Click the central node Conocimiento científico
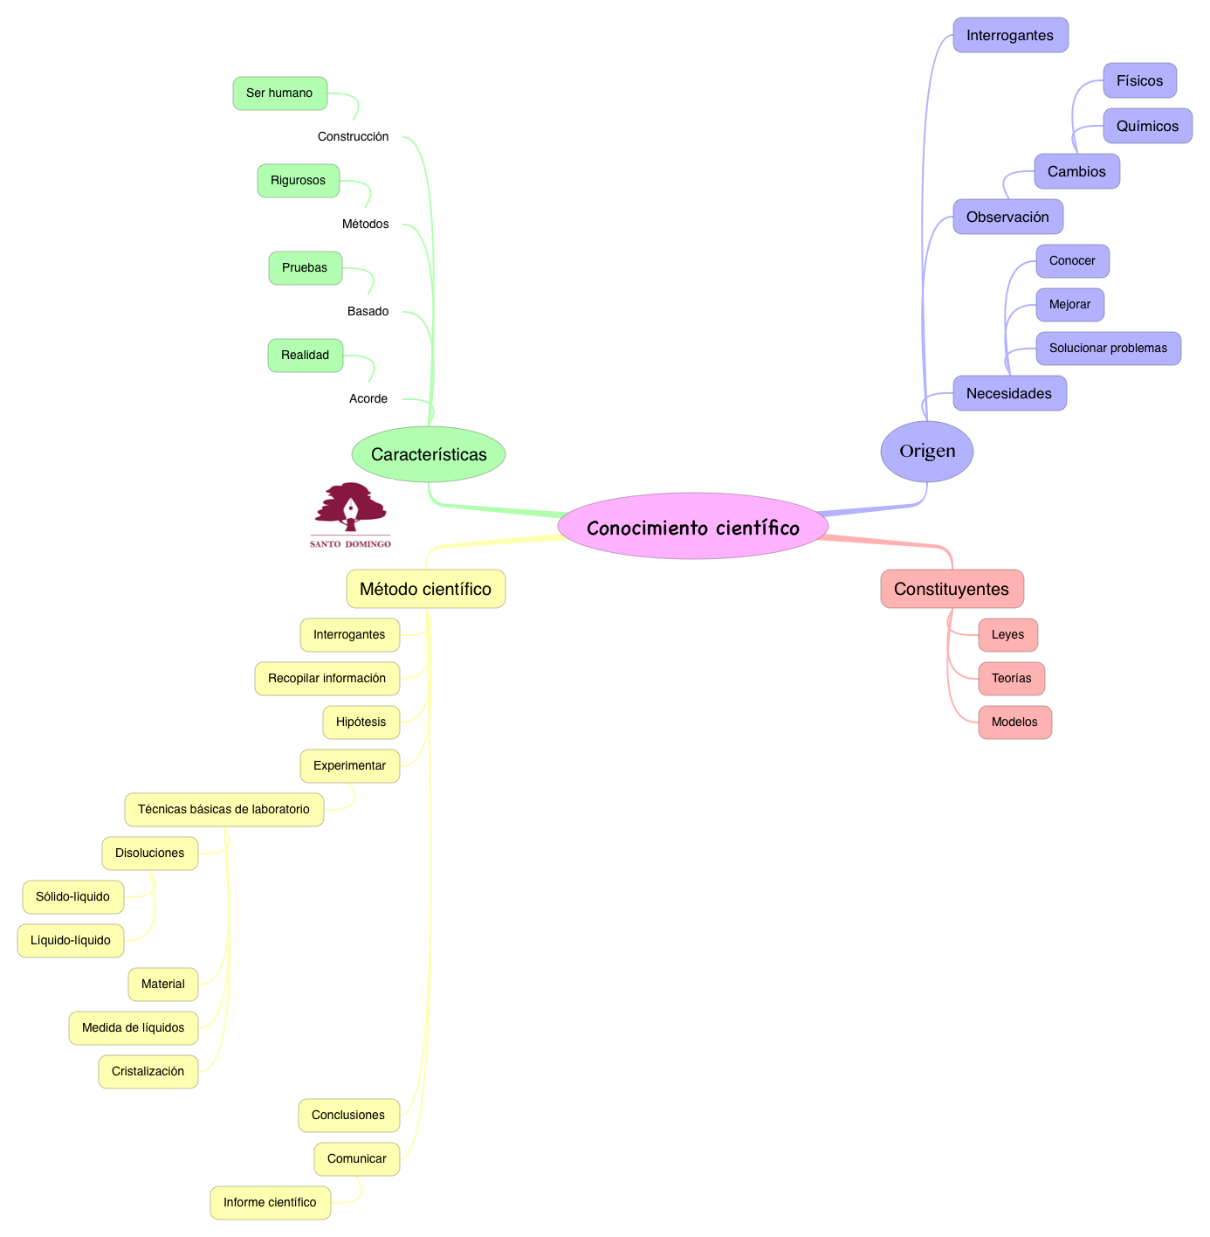click(x=692, y=526)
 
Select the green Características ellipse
click(x=429, y=454)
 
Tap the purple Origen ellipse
click(x=926, y=451)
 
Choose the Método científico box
click(x=425, y=588)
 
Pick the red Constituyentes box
click(x=952, y=588)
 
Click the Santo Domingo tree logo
click(x=350, y=515)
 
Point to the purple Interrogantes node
click(x=1010, y=35)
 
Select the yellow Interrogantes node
click(x=350, y=634)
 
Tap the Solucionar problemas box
click(x=1108, y=348)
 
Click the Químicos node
click(x=1147, y=126)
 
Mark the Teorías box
click(x=1011, y=678)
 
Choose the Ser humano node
click(x=279, y=93)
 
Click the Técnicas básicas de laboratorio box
click(x=223, y=809)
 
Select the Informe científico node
click(x=270, y=1202)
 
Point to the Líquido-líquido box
click(x=71, y=940)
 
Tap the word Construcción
click(x=353, y=136)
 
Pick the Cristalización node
click(x=148, y=1071)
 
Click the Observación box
click(x=1007, y=217)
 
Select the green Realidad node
click(x=306, y=355)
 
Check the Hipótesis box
click(x=361, y=722)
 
